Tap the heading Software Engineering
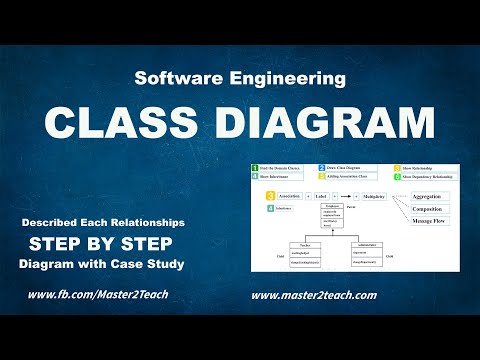[239, 77]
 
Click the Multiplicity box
[373, 197]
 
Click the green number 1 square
[255, 167]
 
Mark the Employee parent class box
[332, 214]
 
